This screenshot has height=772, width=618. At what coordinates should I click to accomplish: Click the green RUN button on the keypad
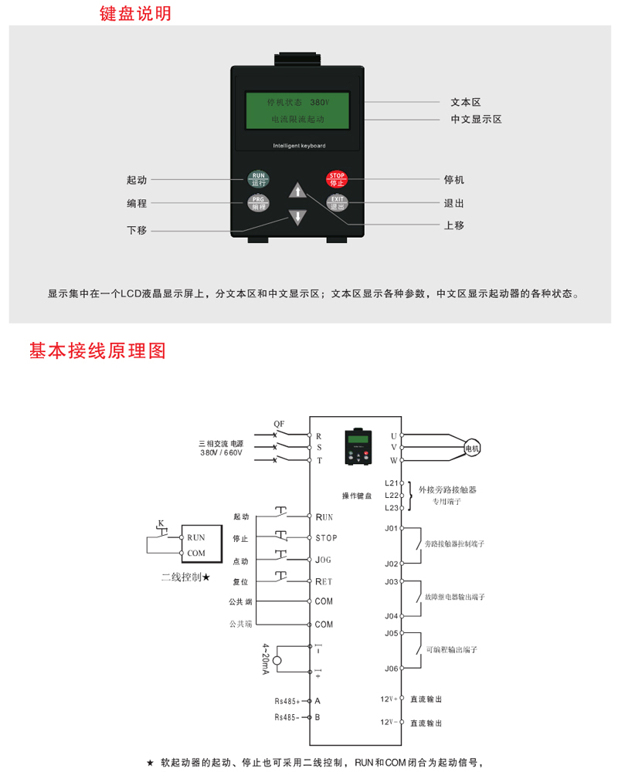click(258, 179)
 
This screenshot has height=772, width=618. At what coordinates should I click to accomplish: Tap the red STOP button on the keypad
click(337, 179)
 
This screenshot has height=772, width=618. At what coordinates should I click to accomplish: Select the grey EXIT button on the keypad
click(337, 203)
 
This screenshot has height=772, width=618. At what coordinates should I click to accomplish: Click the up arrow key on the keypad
click(297, 192)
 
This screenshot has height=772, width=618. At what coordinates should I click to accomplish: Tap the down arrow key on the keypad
click(297, 217)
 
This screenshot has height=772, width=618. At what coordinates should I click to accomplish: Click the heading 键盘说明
click(136, 14)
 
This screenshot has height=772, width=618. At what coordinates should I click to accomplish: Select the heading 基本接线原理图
click(97, 350)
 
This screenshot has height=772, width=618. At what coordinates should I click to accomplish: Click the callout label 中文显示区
click(477, 120)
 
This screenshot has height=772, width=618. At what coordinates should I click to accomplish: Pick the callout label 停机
click(454, 180)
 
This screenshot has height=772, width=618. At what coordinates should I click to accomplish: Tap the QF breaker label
click(280, 424)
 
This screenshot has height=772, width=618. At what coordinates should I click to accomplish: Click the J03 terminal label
click(391, 581)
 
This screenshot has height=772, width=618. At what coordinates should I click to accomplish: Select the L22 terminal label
click(391, 495)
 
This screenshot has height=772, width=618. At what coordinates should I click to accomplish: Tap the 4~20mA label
click(265, 659)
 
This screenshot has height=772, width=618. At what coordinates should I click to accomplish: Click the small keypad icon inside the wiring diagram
click(358, 447)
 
